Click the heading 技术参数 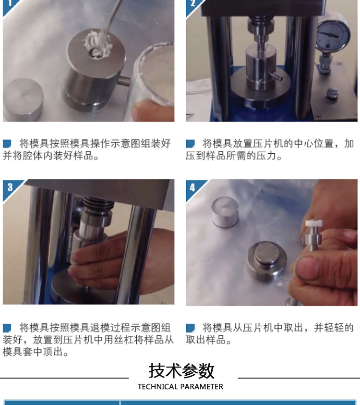(181, 371)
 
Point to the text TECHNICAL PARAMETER (180, 387)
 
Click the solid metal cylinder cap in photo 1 (23, 99)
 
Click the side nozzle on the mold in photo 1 (123, 81)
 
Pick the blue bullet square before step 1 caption (7, 143)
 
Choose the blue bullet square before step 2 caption (190, 143)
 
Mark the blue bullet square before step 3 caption (7, 328)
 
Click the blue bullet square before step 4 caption (190, 328)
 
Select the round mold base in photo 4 (266, 260)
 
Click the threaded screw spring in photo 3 (98, 204)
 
